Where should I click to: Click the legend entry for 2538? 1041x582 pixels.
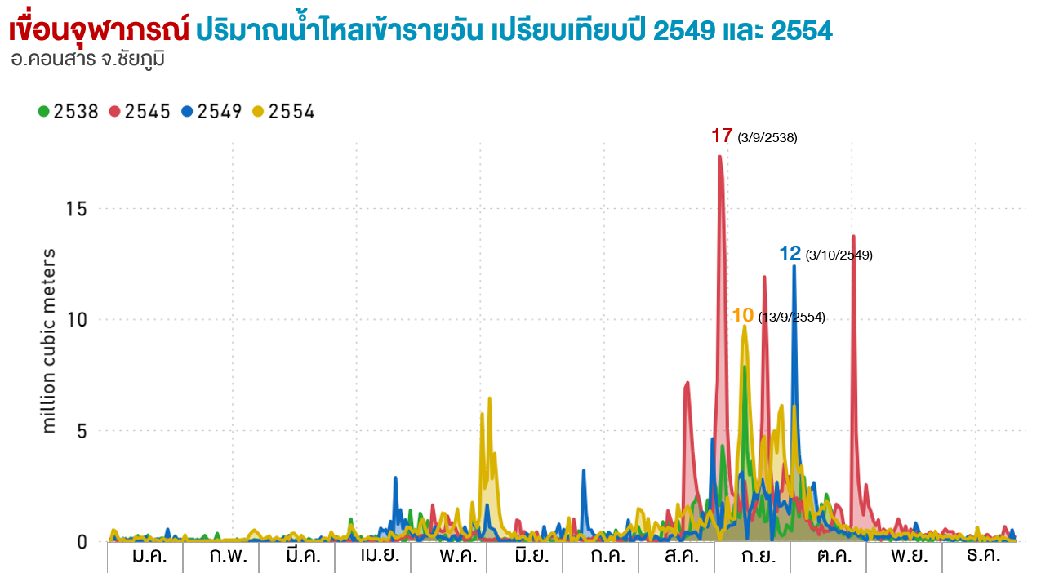69,112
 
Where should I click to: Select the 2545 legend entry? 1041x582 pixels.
140,112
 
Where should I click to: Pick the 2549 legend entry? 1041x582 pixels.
211,112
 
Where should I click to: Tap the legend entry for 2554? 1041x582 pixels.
283,112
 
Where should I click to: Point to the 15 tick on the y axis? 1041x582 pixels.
77,209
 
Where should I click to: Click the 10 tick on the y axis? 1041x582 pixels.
77,320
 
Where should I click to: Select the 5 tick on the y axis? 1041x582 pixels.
82,431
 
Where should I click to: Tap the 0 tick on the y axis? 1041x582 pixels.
82,542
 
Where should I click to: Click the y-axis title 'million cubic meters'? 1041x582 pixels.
49,340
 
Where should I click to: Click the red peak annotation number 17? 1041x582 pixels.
722,136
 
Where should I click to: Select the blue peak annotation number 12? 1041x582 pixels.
790,253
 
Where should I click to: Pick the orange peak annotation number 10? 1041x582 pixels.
742,315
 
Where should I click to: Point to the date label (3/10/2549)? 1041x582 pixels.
839,255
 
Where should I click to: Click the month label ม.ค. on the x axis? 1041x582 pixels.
145,557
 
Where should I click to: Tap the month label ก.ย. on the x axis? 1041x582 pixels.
753,557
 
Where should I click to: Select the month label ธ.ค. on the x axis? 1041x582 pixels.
979,557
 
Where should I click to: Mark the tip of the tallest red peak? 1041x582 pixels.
719,156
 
